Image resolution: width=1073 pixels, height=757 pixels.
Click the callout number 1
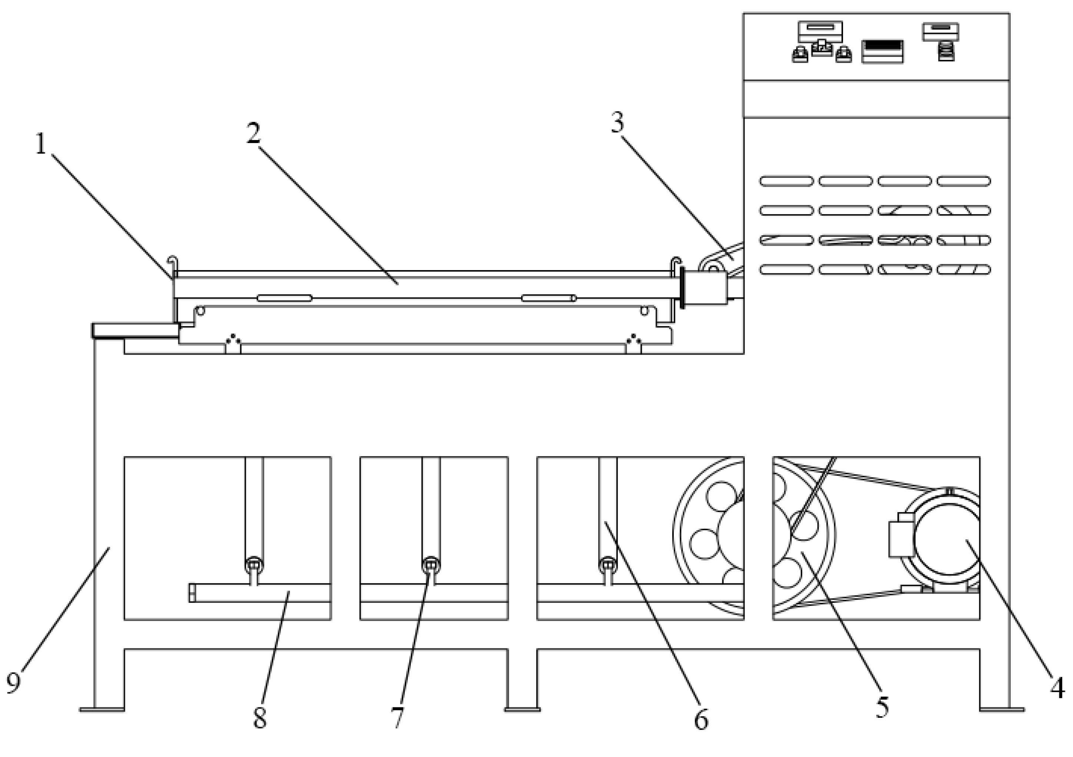click(x=41, y=144)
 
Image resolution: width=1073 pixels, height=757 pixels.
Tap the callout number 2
click(x=254, y=133)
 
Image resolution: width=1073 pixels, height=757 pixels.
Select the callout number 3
click(x=617, y=123)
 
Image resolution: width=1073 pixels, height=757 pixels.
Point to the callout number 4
click(x=1057, y=688)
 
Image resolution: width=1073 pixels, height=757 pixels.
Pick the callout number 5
click(x=882, y=707)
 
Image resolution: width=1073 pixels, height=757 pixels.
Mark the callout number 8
click(x=260, y=718)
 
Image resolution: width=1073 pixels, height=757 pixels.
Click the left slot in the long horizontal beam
click(x=284, y=298)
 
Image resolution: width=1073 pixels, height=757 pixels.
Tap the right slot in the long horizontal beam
click(x=548, y=298)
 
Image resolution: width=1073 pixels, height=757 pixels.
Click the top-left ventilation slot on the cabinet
click(x=786, y=181)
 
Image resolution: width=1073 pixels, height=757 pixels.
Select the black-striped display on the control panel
click(x=882, y=52)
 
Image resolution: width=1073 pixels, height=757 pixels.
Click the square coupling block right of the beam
click(x=706, y=289)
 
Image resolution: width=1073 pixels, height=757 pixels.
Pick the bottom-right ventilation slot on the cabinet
click(x=963, y=269)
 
